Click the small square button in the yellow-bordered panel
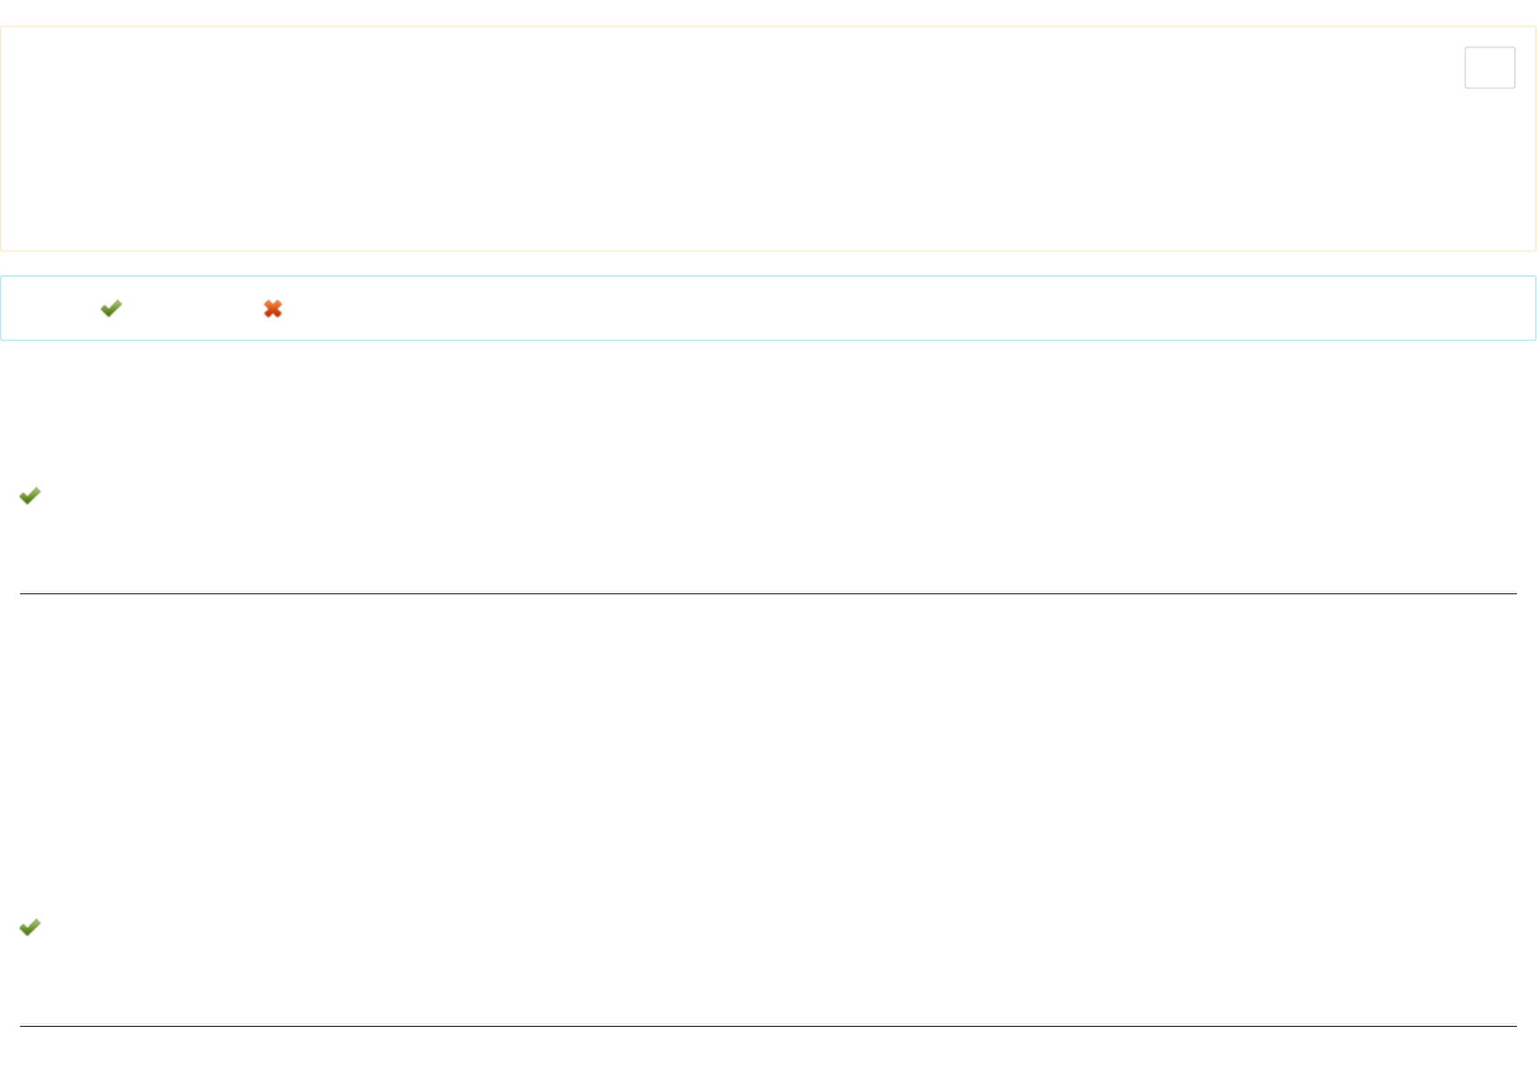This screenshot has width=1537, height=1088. coord(1489,68)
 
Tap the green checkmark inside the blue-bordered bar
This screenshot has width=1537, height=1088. coord(111,308)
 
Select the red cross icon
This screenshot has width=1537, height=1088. coord(272,309)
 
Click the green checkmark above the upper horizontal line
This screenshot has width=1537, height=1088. coord(30,496)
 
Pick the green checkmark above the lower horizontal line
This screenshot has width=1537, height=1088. coord(30,927)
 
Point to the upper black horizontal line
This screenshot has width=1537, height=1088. coord(768,593)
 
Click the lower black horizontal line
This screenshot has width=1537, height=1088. coord(768,1026)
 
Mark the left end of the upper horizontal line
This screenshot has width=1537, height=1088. coord(21,593)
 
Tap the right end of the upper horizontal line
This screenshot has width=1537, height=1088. coord(1516,593)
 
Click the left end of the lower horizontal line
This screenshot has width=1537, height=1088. coord(21,1026)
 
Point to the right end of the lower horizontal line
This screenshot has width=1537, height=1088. coord(1516,1026)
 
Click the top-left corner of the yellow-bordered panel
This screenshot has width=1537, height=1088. coord(1,27)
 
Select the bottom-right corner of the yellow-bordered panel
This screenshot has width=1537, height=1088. coord(1535,251)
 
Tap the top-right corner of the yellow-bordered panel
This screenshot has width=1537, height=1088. coord(1535,27)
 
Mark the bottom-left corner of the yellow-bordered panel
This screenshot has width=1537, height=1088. coord(1,251)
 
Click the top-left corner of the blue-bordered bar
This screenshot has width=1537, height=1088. coord(1,276)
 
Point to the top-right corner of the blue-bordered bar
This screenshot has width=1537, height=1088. coord(1535,276)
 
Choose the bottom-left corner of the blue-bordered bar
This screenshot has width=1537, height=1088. coord(1,340)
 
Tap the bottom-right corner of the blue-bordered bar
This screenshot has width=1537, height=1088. coord(1535,340)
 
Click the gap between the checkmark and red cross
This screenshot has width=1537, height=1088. coord(192,309)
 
